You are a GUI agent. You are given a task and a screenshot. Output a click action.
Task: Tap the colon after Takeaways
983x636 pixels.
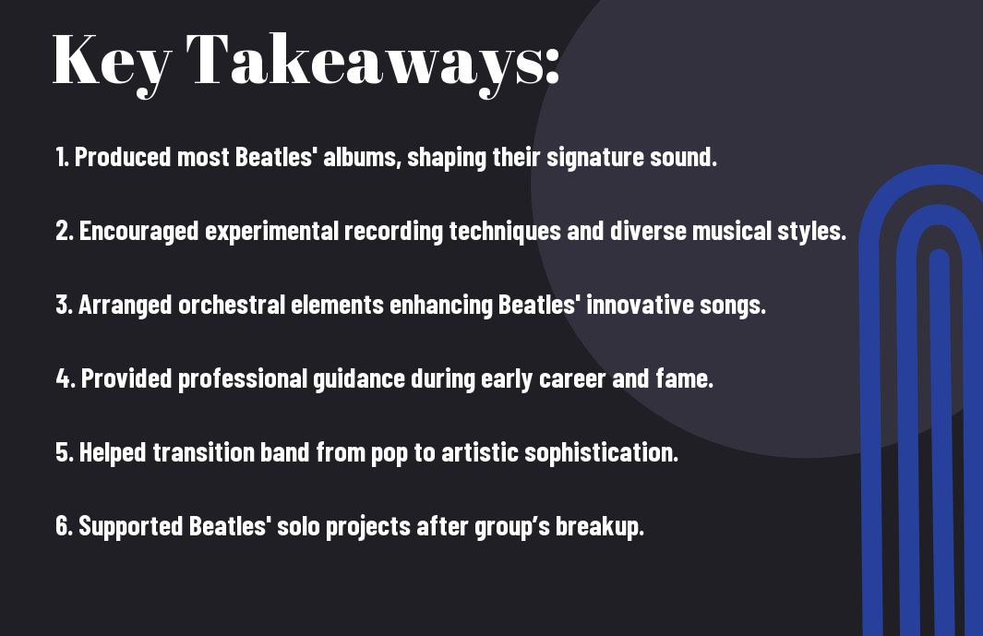pyautogui.click(x=552, y=66)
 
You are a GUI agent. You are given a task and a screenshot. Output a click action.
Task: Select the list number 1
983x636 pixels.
pyautogui.click(x=62, y=157)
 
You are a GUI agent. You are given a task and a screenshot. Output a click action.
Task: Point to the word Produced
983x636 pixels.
pyautogui.click(x=123, y=157)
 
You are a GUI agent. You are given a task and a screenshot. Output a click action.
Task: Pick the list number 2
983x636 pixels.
pyautogui.click(x=65, y=231)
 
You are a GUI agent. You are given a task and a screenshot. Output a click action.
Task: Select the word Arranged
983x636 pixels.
pyautogui.click(x=126, y=306)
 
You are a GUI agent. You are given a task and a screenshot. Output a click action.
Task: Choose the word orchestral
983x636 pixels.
pyautogui.click(x=232, y=305)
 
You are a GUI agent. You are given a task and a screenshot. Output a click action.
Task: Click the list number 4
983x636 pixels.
pyautogui.click(x=66, y=378)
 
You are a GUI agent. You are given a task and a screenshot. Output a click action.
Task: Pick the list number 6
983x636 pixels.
pyautogui.click(x=65, y=526)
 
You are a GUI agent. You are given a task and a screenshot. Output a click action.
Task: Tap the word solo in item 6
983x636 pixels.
pyautogui.click(x=298, y=526)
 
